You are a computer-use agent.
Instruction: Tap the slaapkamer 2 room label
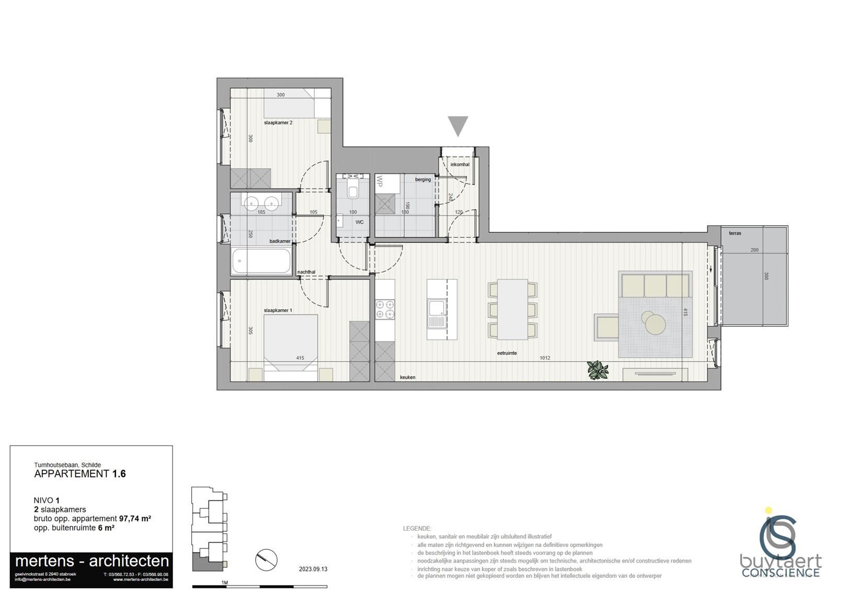click(x=278, y=123)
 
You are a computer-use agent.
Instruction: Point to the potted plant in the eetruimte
click(x=597, y=370)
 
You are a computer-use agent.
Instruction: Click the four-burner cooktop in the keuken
click(x=385, y=308)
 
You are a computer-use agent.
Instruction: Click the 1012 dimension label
click(x=545, y=358)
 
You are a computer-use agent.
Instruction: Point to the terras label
click(x=735, y=233)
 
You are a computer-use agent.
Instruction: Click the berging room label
click(x=423, y=180)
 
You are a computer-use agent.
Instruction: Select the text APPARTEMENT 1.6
click(x=80, y=474)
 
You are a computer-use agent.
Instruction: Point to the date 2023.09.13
click(x=313, y=569)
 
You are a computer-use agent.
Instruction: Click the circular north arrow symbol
click(x=266, y=560)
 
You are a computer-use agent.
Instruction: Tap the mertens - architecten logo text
click(x=92, y=561)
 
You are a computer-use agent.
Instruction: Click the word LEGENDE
click(x=417, y=529)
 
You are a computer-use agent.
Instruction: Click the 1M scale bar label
click(x=225, y=582)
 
